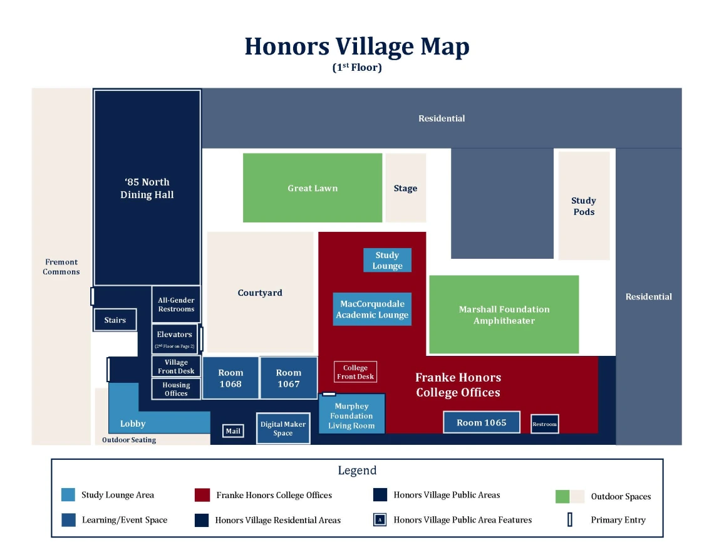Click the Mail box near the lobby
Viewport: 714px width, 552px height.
233,431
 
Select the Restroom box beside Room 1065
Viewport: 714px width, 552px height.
544,424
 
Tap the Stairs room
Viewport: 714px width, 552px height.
115,320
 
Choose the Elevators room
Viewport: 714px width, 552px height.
175,339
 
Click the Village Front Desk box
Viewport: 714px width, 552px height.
176,367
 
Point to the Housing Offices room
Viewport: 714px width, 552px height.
176,389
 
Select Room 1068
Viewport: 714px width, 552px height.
230,378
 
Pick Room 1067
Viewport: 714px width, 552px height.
289,378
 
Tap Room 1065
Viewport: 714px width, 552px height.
481,422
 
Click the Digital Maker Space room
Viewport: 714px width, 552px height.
283,429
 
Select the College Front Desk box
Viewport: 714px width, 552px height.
355,372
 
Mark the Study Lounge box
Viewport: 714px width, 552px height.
387,260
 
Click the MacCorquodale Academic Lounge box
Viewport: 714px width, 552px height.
372,310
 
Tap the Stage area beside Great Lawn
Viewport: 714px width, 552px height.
405,188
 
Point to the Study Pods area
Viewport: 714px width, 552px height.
584,206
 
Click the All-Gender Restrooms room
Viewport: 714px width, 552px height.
176,305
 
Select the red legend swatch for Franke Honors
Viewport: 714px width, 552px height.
202,495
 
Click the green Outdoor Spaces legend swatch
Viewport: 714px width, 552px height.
562,496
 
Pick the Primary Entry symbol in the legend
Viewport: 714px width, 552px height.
570,519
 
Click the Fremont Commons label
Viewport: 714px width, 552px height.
61,267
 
